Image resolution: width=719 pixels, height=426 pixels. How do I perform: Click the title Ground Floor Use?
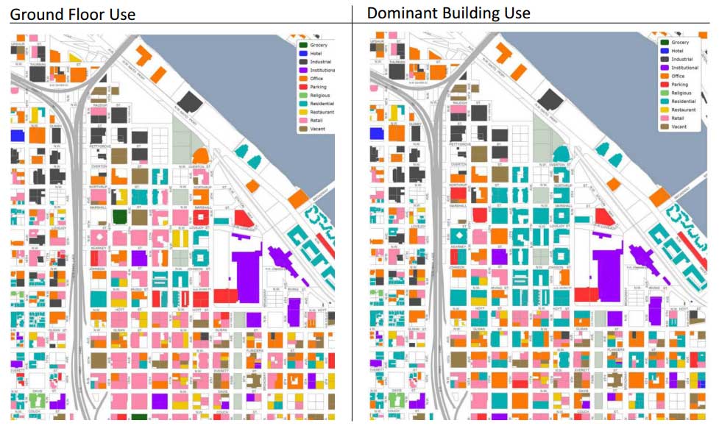(72, 14)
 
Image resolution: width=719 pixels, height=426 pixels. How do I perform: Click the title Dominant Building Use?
(448, 13)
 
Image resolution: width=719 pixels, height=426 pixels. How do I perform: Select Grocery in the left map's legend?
(318, 45)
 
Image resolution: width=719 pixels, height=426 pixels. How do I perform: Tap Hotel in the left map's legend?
(316, 53)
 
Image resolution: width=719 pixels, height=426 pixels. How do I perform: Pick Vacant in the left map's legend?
(317, 128)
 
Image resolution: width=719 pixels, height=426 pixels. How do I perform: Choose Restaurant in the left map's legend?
(322, 112)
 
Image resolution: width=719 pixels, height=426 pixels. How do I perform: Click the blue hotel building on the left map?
(18, 135)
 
